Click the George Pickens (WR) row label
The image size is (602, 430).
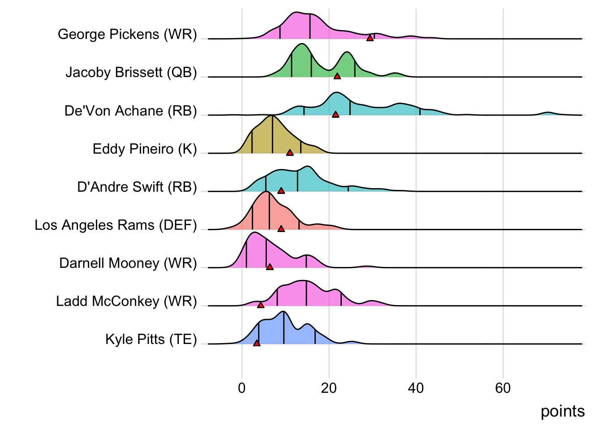pos(127,34)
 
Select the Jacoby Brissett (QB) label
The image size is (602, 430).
pos(131,73)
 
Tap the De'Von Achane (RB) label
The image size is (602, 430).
pos(130,111)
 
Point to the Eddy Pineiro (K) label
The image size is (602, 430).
pos(145,149)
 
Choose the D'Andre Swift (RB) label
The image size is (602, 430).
pos(137,187)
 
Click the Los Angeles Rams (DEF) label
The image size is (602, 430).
pos(116,225)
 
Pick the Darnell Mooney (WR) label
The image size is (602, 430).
pos(128,263)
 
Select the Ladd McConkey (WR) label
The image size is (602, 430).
pos(126,301)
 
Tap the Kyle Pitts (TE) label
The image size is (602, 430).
pos(151,339)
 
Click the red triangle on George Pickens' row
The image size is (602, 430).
pos(370,38)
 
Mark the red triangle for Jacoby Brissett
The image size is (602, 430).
pos(337,76)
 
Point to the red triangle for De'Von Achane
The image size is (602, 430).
pos(335,115)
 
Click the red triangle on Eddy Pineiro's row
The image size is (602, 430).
pos(290,153)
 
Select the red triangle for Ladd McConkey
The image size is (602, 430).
pos(261,305)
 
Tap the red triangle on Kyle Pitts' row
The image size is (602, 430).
pos(257,343)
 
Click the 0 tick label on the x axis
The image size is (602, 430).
pos(242,388)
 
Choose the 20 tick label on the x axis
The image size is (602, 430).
pos(329,388)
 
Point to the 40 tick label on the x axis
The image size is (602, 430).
pos(416,388)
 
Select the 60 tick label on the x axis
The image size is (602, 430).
pos(503,388)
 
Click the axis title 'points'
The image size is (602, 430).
pos(562,411)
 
